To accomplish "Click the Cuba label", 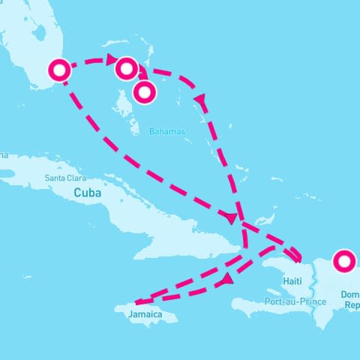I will coord(87,193).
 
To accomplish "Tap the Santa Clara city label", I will coord(65,178).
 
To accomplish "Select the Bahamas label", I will coord(166,132).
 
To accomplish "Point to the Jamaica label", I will coord(145,314).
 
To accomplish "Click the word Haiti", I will coord(293,280).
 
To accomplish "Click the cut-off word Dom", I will coord(350,295).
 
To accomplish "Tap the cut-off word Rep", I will coord(351,306).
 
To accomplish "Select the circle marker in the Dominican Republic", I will coord(344,262).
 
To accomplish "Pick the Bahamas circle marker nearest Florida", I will coord(126,68).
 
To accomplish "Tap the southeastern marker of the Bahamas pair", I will coord(144,91).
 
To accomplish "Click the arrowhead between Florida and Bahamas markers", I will coord(111,59).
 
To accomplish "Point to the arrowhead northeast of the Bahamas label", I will coord(200,98).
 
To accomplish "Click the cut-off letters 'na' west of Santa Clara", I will coord(4,156).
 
